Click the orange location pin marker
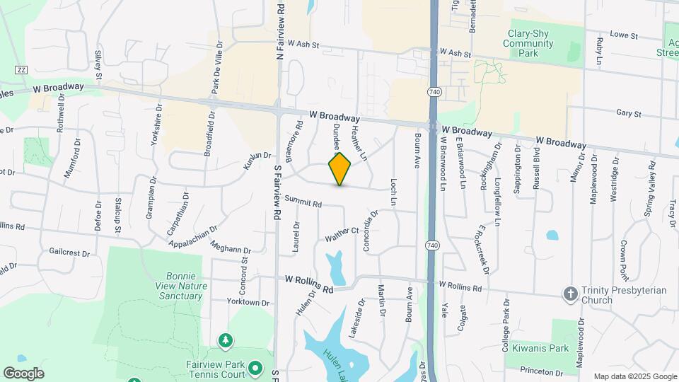(x=340, y=168)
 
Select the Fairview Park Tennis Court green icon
(x=256, y=369)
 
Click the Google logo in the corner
(x=23, y=373)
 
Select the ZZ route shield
(x=21, y=70)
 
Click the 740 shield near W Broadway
(x=434, y=93)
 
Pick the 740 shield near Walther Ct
(x=432, y=245)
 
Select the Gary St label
(x=628, y=113)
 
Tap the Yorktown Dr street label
(x=248, y=302)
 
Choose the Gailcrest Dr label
(x=70, y=252)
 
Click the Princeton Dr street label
(x=541, y=371)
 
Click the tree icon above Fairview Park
(x=226, y=342)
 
